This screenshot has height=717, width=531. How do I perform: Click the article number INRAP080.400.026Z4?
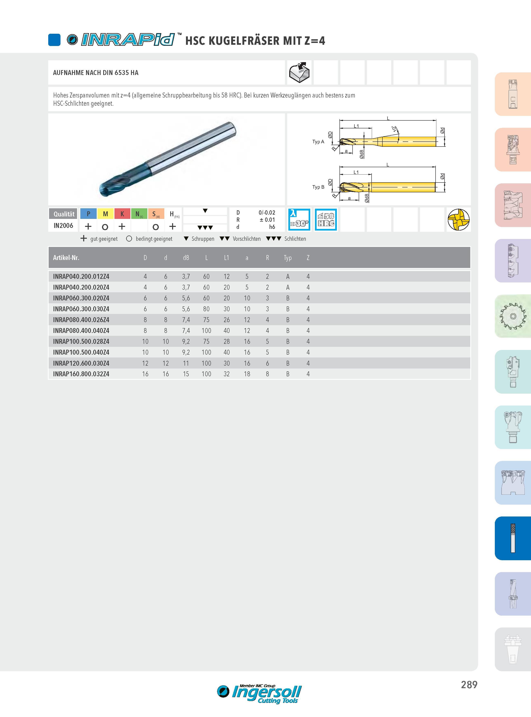[81, 320]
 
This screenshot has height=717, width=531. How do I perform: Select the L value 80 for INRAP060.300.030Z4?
[206, 309]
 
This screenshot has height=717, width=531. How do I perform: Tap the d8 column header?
[186, 258]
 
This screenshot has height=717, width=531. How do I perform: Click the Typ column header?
[288, 258]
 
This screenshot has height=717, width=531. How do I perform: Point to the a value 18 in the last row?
[247, 374]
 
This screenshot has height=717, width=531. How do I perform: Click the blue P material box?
[88, 214]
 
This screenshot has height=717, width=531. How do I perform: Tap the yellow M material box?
[105, 214]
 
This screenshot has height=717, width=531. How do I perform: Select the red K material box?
[122, 214]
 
